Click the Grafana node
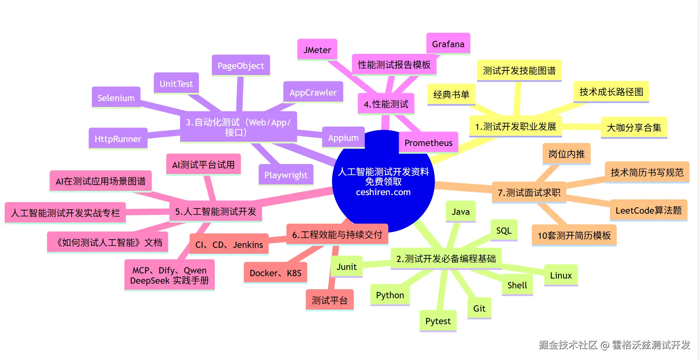(448, 44)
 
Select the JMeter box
(317, 50)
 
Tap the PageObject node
(241, 66)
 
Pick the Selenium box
(116, 98)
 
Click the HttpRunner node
(118, 138)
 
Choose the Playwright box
(286, 175)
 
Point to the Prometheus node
(428, 142)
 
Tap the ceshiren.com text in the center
(383, 192)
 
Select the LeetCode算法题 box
(648, 210)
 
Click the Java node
(461, 212)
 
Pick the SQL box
(504, 231)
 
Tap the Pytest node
(438, 321)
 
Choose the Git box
(479, 308)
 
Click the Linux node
(561, 275)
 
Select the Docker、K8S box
(275, 273)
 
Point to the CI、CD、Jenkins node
(229, 245)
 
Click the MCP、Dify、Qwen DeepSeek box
(169, 275)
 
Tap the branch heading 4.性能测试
(386, 104)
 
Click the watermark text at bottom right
(614, 345)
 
